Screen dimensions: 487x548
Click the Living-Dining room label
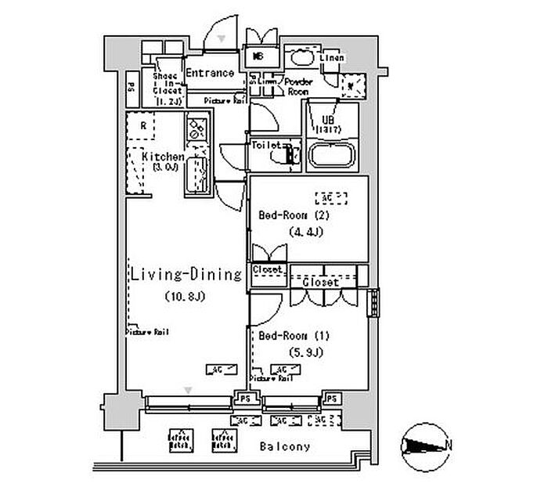click(x=186, y=275)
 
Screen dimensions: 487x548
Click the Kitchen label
click(x=163, y=157)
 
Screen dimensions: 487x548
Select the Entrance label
click(x=210, y=73)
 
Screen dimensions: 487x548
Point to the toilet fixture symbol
click(x=283, y=157)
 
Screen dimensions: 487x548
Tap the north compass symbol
click(x=424, y=446)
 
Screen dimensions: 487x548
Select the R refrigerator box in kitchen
click(x=144, y=125)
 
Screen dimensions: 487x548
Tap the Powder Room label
click(x=298, y=86)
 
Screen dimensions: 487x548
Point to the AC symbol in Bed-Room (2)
click(x=326, y=197)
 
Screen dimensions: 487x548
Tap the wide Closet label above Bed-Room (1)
click(x=321, y=281)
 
